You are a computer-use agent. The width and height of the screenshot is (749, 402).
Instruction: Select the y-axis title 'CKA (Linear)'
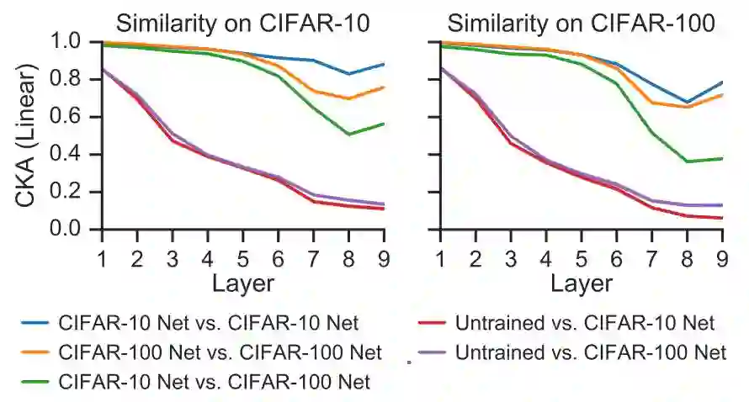(x=27, y=135)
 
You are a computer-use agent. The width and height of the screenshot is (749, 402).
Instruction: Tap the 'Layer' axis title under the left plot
(x=243, y=283)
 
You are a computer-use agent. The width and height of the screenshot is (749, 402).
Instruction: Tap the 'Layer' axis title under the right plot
(x=582, y=283)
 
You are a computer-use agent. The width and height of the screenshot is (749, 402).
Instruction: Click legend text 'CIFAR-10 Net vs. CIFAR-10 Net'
(x=209, y=323)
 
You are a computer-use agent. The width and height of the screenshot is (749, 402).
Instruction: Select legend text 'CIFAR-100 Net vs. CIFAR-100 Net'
(x=220, y=352)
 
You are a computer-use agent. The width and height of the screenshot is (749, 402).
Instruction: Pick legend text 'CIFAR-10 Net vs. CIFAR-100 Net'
(x=215, y=381)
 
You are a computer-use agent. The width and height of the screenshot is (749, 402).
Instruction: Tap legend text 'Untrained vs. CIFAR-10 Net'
(x=585, y=323)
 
